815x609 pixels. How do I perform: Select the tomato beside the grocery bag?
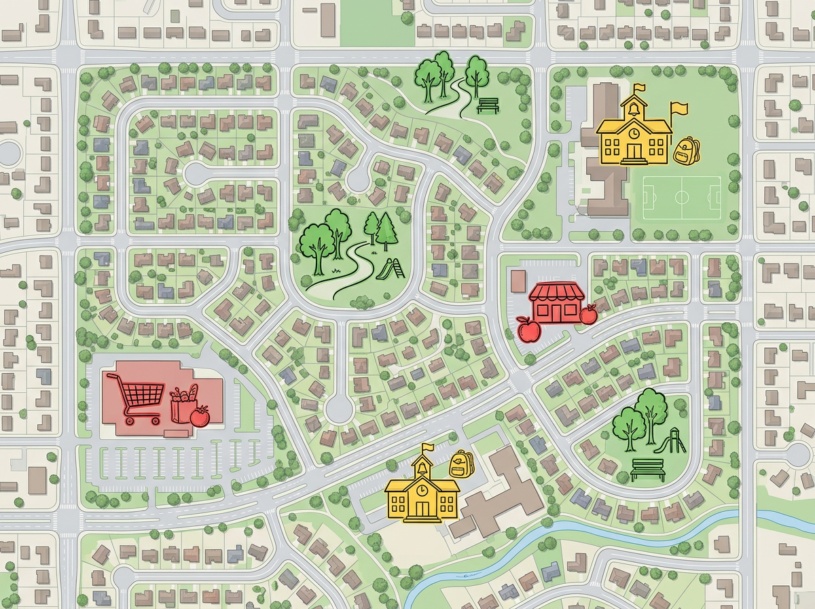200,415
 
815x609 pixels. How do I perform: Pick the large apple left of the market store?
528,329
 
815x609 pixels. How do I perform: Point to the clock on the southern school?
422,489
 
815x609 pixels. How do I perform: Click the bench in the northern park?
488,105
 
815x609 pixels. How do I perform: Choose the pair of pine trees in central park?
382,228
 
